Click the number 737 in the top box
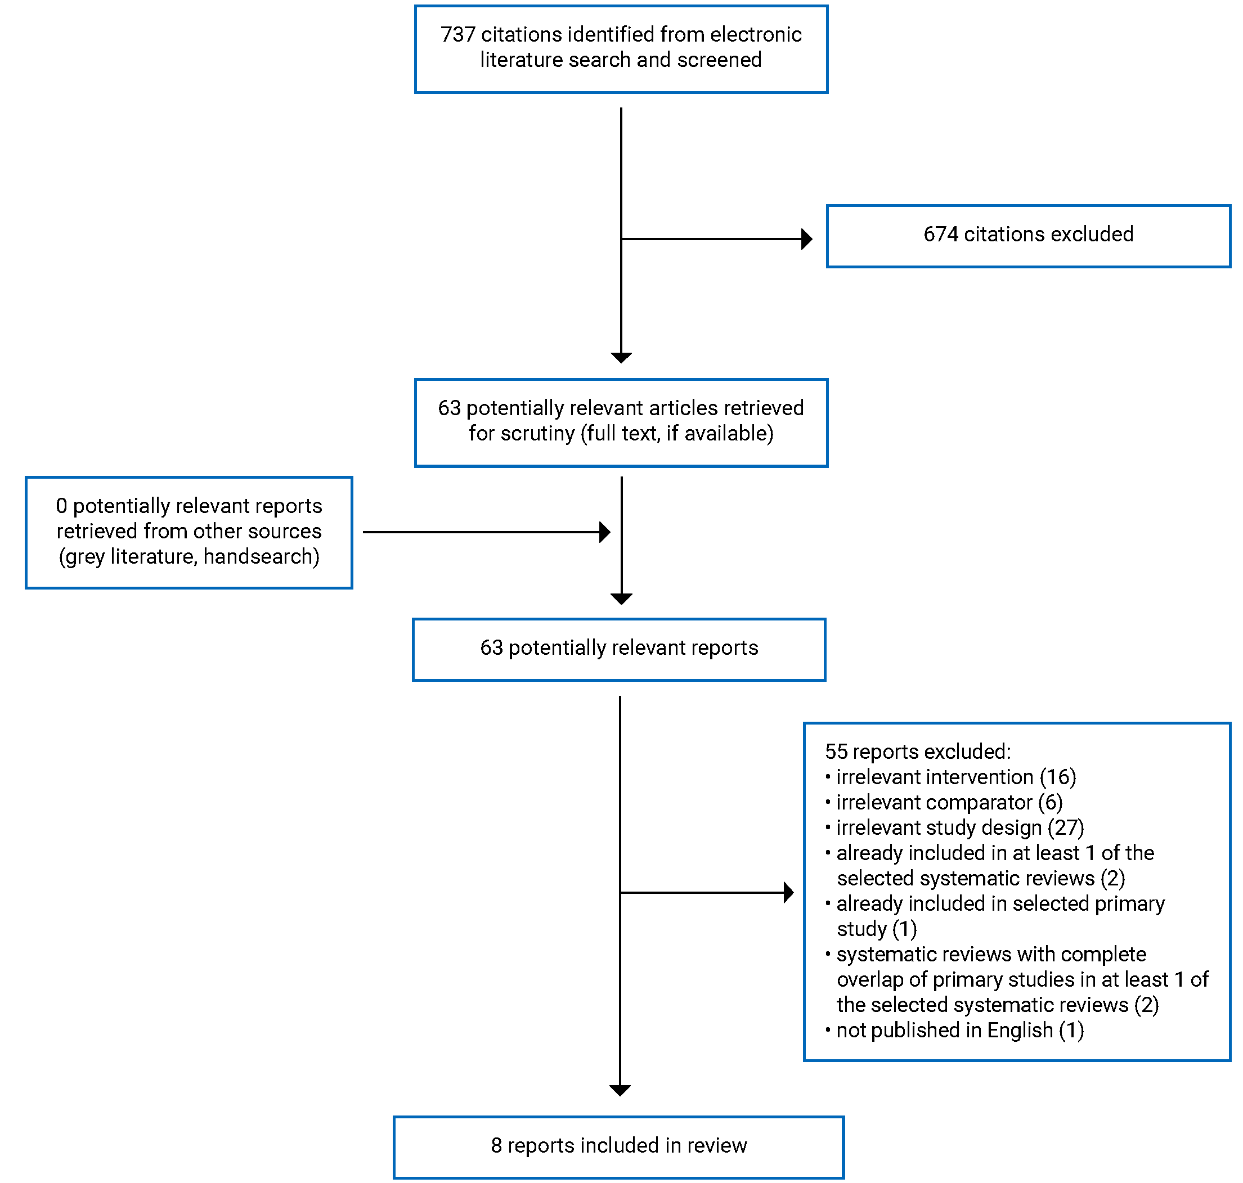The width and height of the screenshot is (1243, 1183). [x=457, y=34]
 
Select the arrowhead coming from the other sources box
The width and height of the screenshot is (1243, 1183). [x=604, y=532]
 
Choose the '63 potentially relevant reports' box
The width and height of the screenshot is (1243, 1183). [x=618, y=649]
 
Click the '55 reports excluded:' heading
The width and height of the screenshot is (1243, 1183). [x=917, y=751]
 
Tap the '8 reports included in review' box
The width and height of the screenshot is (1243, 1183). [x=618, y=1145]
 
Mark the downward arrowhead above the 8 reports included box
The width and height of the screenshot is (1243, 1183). [x=620, y=1090]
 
